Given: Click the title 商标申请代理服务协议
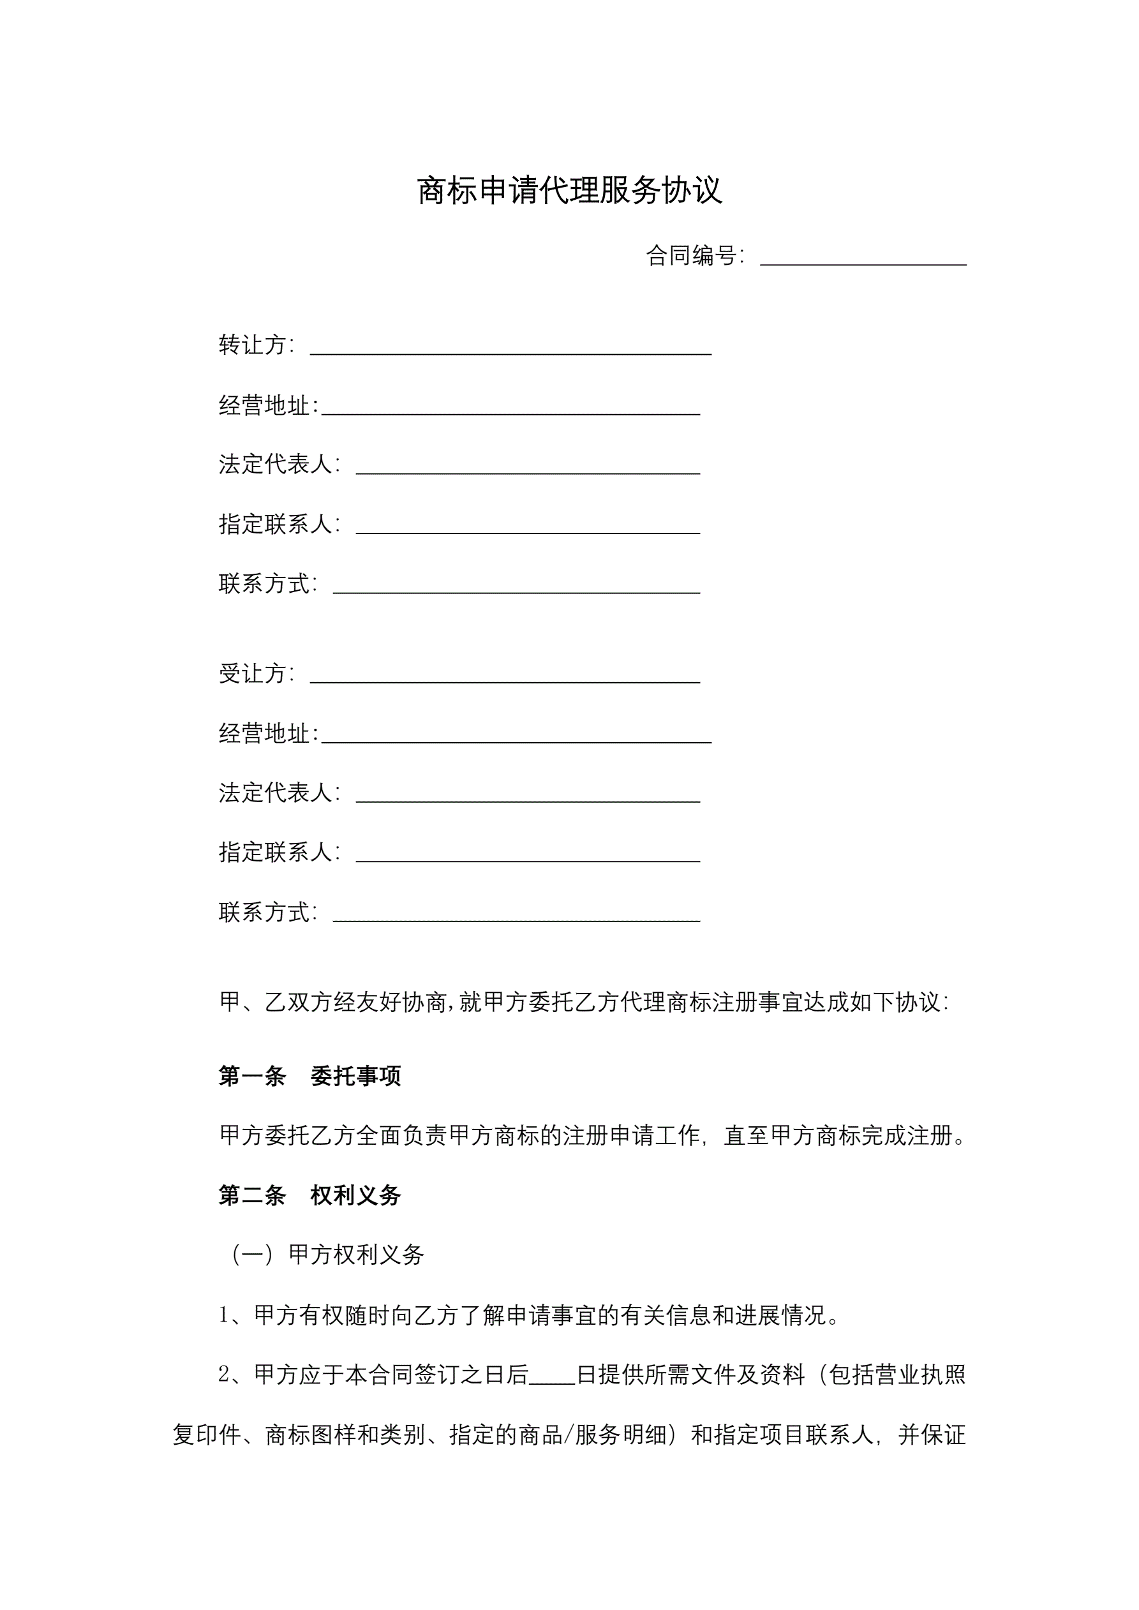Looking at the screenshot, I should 569,190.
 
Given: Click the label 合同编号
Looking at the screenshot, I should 693,255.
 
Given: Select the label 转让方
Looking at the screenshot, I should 255,345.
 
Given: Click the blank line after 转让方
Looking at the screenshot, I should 510,348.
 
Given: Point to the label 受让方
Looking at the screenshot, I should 255,673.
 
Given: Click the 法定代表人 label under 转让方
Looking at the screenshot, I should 278,463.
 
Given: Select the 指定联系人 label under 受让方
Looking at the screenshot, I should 278,852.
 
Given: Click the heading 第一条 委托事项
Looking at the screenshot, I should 309,1076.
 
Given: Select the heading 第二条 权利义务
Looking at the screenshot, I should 309,1195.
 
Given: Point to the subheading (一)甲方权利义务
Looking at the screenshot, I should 327,1255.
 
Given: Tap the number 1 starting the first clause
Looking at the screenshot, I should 224,1315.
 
